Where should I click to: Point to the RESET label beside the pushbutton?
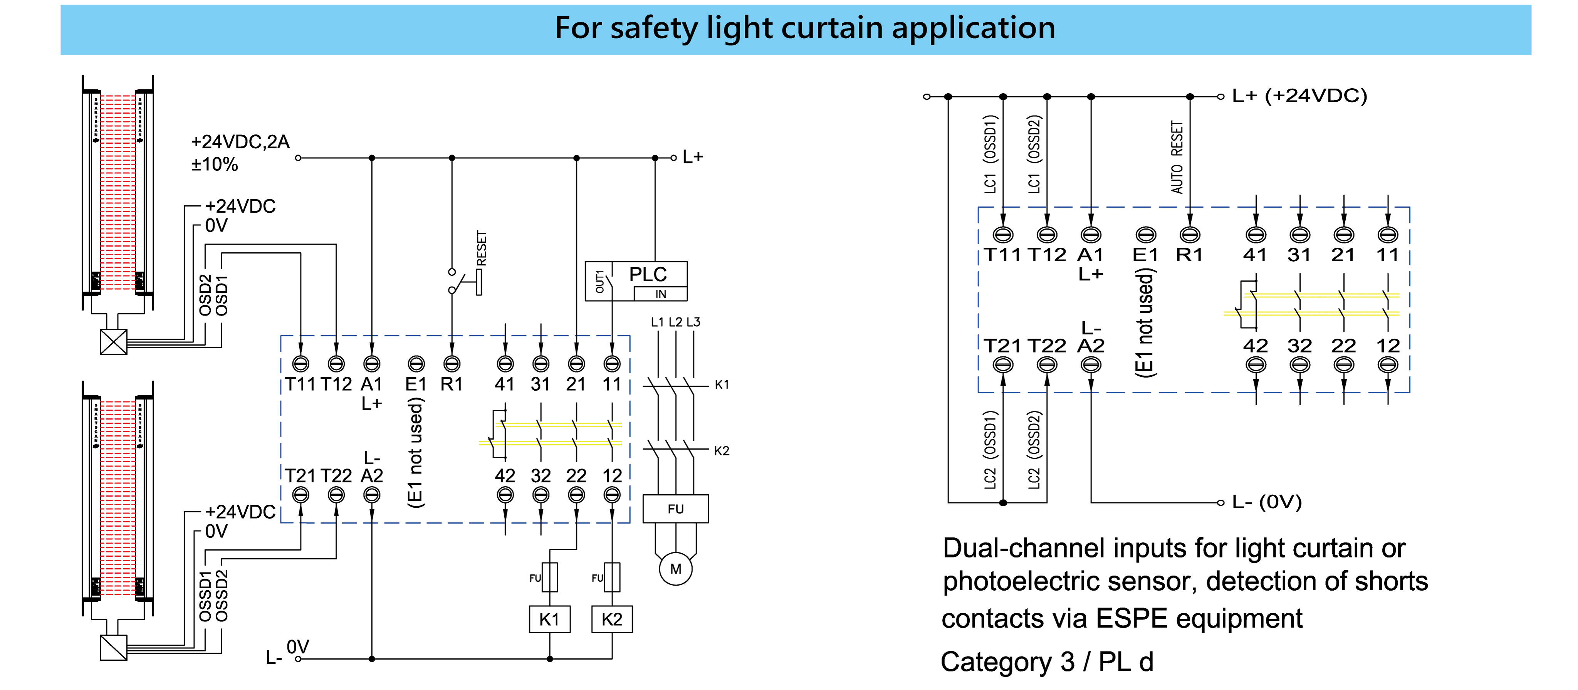pos(482,248)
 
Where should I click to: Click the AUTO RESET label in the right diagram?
pos(1177,158)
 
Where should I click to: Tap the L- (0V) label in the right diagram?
pos(1266,502)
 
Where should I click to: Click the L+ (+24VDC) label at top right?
pos(1299,96)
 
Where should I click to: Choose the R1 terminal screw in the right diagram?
pos(1190,235)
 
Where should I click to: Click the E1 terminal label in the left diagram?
pos(416,384)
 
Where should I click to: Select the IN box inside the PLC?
pos(660,294)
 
